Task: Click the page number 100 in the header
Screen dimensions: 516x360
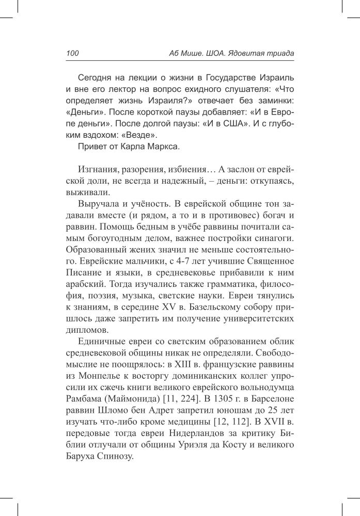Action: coord(72,53)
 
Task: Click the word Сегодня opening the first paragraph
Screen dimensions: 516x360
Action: coord(95,78)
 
